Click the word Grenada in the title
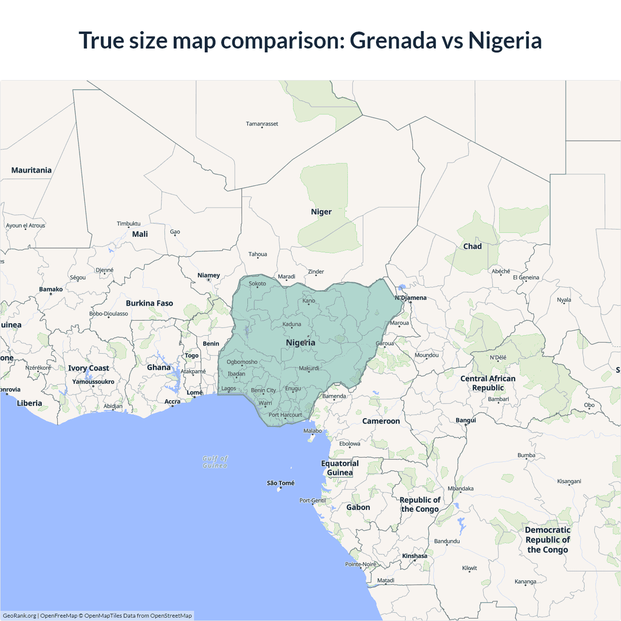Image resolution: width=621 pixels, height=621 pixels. pyautogui.click(x=393, y=40)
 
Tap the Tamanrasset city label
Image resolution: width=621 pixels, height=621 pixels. pyautogui.click(x=262, y=124)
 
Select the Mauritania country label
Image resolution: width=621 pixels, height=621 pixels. pyautogui.click(x=32, y=170)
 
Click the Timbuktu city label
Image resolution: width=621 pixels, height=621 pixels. pyautogui.click(x=129, y=224)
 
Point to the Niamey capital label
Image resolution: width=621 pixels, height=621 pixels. pyautogui.click(x=209, y=275)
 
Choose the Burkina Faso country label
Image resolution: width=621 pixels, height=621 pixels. pyautogui.click(x=149, y=303)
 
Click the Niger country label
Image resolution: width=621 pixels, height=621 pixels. pyautogui.click(x=321, y=212)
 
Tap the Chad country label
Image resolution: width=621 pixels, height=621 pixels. pyautogui.click(x=472, y=246)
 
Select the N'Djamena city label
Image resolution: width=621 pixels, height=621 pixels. pyautogui.click(x=411, y=298)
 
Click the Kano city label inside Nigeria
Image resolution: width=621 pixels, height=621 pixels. pyautogui.click(x=309, y=301)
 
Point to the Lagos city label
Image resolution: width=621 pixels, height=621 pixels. pyautogui.click(x=229, y=389)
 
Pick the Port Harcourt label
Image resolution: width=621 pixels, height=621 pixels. pyautogui.click(x=285, y=415)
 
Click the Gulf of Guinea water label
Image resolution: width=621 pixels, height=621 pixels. pyautogui.click(x=215, y=462)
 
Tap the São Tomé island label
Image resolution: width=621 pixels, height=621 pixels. pyautogui.click(x=280, y=483)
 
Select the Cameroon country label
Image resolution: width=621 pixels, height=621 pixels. pyautogui.click(x=381, y=421)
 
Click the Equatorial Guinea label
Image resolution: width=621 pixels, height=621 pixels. pyautogui.click(x=340, y=468)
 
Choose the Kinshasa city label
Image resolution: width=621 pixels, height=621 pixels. pyautogui.click(x=415, y=556)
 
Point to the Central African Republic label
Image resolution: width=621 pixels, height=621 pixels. pyautogui.click(x=488, y=383)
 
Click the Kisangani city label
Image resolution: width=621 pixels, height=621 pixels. pyautogui.click(x=569, y=481)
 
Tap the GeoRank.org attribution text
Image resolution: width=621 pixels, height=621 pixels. pyautogui.click(x=19, y=616)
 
